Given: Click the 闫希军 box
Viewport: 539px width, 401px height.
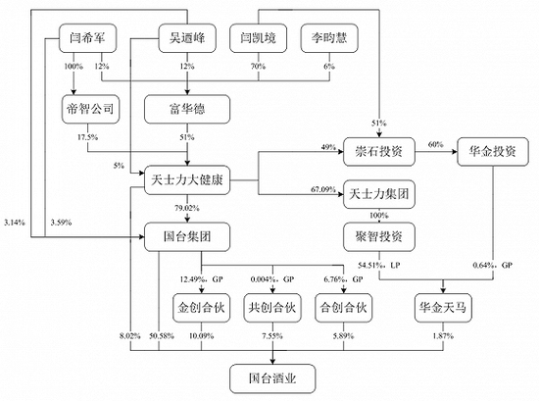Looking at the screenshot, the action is (x=87, y=38).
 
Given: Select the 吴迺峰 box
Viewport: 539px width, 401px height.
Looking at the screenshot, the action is (x=187, y=38).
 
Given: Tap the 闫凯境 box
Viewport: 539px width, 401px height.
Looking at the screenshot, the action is (x=258, y=38).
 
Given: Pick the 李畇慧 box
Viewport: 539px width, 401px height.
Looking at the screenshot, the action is (x=329, y=38).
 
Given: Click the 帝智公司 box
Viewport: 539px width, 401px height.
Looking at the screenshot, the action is (x=90, y=109).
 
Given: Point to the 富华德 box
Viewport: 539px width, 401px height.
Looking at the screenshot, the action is (x=187, y=109).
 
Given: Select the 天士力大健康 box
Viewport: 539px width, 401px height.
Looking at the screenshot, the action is (x=187, y=179).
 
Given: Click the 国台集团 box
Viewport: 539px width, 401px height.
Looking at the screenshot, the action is (x=187, y=236).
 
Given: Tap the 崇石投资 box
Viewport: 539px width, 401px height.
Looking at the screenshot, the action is (x=379, y=152).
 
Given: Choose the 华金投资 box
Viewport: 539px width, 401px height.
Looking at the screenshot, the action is (x=493, y=152).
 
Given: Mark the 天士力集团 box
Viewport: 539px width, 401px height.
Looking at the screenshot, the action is (x=379, y=194).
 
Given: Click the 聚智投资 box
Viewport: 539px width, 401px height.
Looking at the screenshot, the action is (x=379, y=236).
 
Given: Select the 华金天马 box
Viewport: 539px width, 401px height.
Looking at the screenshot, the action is (x=443, y=308).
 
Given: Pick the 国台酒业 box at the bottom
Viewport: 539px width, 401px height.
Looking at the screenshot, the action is (x=272, y=378).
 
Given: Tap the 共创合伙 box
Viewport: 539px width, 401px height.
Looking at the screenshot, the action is (x=272, y=308).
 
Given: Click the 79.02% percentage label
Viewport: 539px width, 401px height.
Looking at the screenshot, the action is (x=187, y=208).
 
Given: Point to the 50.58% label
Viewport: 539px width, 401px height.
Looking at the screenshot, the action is (x=162, y=336).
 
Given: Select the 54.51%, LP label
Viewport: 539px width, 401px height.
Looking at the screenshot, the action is (x=379, y=265).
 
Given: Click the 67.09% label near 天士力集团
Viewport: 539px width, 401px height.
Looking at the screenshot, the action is (x=323, y=189).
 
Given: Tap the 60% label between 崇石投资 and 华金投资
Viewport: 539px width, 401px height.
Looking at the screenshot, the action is (x=435, y=144).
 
